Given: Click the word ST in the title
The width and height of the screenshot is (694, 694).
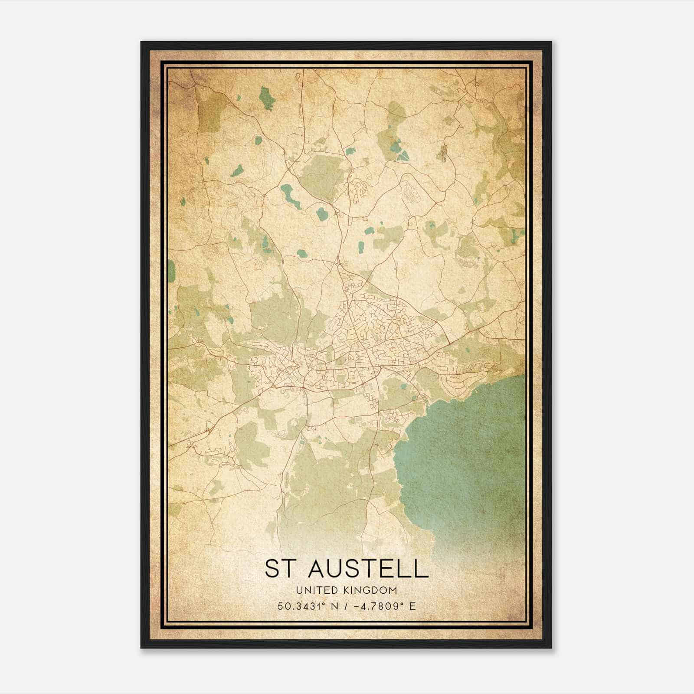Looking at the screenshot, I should pyautogui.click(x=278, y=569).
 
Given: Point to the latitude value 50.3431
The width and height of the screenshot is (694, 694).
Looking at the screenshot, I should pyautogui.click(x=299, y=606).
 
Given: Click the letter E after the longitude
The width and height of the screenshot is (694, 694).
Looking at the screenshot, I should pyautogui.click(x=412, y=606).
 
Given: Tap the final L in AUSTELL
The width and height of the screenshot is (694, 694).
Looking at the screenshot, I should pyautogui.click(x=421, y=569).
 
